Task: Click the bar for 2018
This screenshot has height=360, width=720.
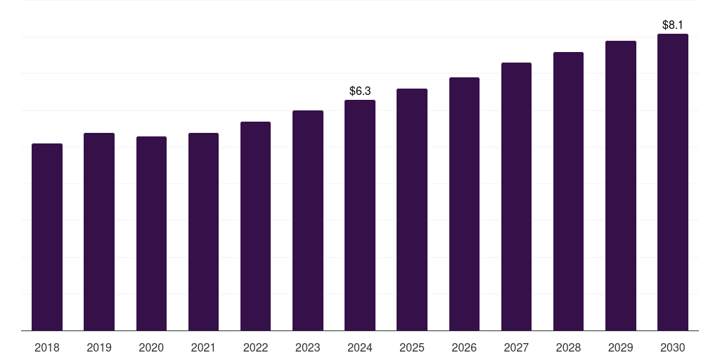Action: (x=47, y=237)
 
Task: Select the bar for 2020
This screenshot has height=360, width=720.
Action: (x=151, y=233)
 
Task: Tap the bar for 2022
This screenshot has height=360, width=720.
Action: (x=255, y=226)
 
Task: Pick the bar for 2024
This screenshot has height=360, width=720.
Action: (x=360, y=215)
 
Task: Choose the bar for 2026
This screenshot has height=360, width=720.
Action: (x=464, y=204)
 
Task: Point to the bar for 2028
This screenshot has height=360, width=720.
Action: (x=568, y=191)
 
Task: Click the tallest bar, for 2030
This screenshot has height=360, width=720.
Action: (x=673, y=182)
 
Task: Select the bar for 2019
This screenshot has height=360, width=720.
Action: (x=99, y=231)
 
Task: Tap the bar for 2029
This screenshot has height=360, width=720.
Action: (x=621, y=186)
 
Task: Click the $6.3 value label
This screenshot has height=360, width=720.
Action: (x=360, y=91)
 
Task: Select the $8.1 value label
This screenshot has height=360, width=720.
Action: (x=673, y=25)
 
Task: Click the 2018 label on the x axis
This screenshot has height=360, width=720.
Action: (x=47, y=347)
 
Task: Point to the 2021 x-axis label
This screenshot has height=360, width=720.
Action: (x=203, y=347)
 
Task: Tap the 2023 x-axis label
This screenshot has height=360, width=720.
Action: (x=308, y=347)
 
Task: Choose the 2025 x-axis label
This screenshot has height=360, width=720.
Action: (x=412, y=347)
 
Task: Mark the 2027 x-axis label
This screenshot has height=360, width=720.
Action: (x=516, y=347)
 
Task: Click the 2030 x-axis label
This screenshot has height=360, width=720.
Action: (x=673, y=347)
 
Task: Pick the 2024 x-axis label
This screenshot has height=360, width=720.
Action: (x=360, y=347)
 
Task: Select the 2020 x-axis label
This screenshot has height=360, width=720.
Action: (x=151, y=347)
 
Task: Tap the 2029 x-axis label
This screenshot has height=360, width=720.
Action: (x=621, y=347)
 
